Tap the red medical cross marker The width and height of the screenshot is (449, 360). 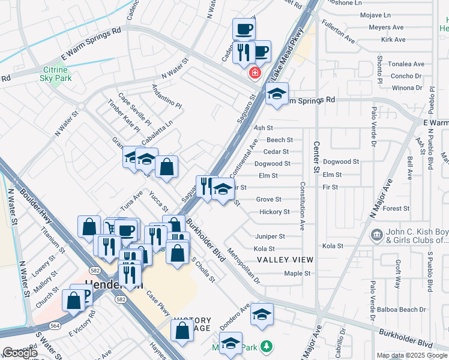tap(255, 73)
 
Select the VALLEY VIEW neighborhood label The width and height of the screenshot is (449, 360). tap(285, 260)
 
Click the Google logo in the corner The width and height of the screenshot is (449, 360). tap(20, 353)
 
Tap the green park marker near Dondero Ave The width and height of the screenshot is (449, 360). tap(267, 347)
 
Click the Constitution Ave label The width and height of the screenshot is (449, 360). tap(303, 206)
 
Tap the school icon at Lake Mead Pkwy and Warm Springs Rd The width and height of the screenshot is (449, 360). tap(276, 94)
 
